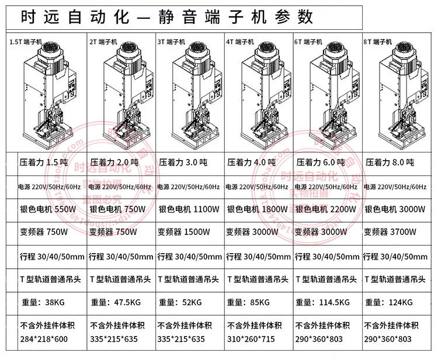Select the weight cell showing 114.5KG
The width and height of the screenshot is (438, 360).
tap(323, 303)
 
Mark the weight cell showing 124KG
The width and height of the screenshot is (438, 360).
tap(389, 303)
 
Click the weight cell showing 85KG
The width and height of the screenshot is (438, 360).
tap(249, 303)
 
